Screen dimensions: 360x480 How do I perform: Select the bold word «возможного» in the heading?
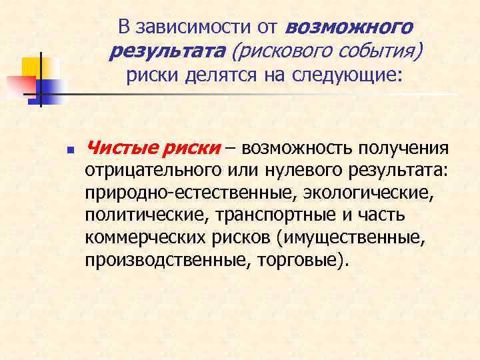[x=349, y=27]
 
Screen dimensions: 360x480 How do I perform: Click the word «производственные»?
[x=161, y=261]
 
